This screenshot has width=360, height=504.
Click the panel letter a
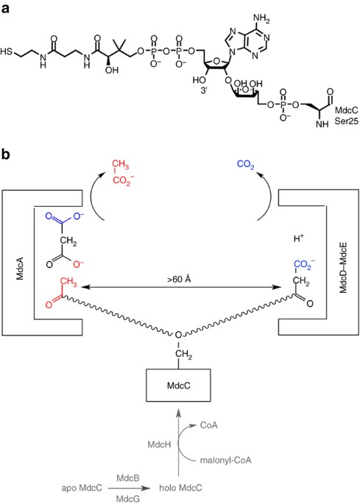[x=6, y=8]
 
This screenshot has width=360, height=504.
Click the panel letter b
[x=6, y=155]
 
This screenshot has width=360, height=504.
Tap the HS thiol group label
[x=6, y=52]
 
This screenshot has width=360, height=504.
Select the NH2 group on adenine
[x=261, y=19]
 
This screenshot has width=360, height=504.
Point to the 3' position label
[x=204, y=90]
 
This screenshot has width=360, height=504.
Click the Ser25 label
[x=346, y=121]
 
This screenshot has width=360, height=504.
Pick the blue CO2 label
[x=245, y=165]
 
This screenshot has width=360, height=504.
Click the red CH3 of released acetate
[x=121, y=165]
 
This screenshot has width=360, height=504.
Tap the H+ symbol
[x=299, y=238]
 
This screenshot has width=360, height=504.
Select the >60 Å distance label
[x=179, y=279]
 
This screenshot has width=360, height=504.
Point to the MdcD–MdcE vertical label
[x=343, y=268]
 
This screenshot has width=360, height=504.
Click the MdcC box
[x=179, y=385]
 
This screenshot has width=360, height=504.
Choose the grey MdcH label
[x=159, y=444]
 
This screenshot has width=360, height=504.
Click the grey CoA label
[x=209, y=425]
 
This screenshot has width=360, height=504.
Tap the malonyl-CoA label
[x=225, y=461]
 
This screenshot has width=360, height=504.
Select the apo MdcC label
[x=82, y=488]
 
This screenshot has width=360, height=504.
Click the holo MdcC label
[x=181, y=488]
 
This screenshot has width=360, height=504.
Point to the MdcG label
[x=127, y=499]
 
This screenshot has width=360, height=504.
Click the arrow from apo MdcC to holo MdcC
[x=129, y=489]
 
